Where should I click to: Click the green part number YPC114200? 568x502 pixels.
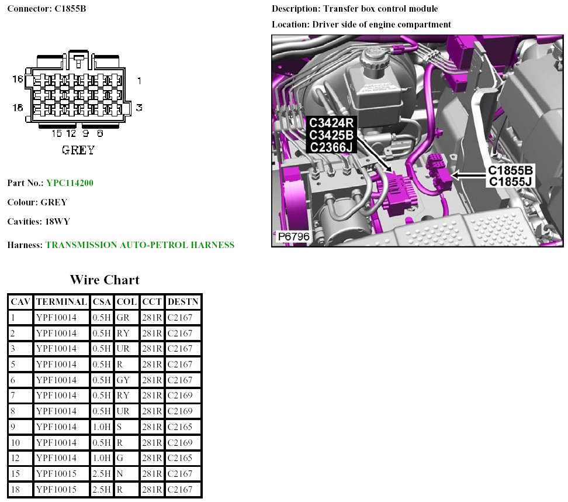[70, 183]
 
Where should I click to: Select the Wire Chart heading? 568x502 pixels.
[105, 280]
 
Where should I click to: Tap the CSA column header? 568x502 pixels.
[102, 302]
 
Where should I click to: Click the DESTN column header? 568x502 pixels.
[183, 302]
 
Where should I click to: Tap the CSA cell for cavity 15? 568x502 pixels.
[102, 473]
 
